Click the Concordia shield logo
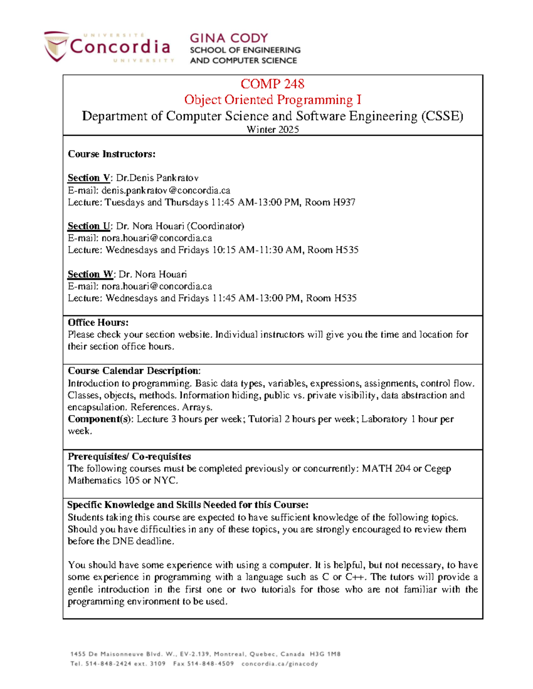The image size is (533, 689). pyautogui.click(x=56, y=46)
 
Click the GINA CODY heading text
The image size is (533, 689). pyautogui.click(x=229, y=38)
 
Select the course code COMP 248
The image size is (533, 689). pyautogui.click(x=272, y=84)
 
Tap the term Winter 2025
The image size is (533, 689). pyautogui.click(x=272, y=130)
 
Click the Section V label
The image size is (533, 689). pyautogui.click(x=88, y=178)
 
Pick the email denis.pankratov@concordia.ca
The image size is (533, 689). pyautogui.click(x=166, y=190)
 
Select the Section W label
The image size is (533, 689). pyautogui.click(x=90, y=274)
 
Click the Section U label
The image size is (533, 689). pyautogui.click(x=88, y=226)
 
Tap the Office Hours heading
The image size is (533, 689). pyautogui.click(x=98, y=323)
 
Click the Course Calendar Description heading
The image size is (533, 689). pyautogui.click(x=134, y=371)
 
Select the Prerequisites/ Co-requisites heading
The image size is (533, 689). pyautogui.click(x=129, y=457)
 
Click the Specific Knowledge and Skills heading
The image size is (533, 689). pyautogui.click(x=187, y=505)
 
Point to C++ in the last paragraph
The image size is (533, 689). pyautogui.click(x=355, y=577)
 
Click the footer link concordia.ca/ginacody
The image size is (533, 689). pyautogui.click(x=280, y=664)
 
